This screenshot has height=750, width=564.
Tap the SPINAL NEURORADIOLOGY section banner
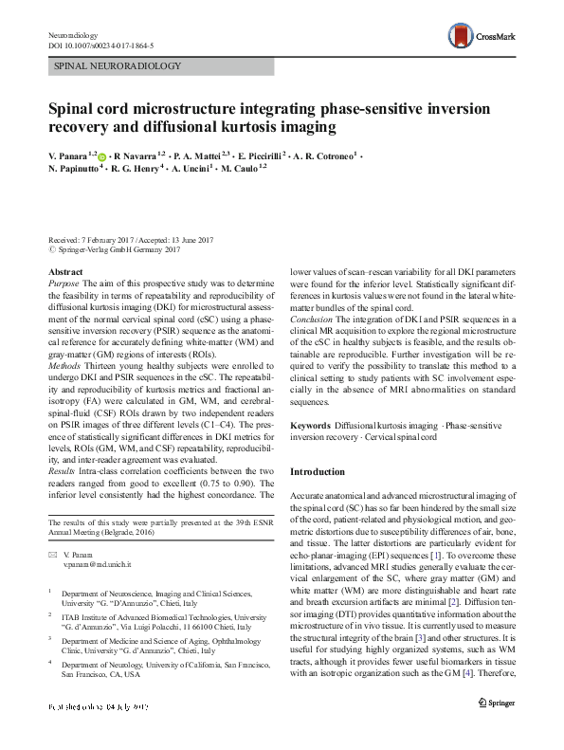pyautogui.click(x=117, y=66)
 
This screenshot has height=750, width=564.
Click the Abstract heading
pyautogui.click(x=64, y=272)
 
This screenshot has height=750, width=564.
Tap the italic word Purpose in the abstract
pyautogui.click(x=64, y=284)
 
